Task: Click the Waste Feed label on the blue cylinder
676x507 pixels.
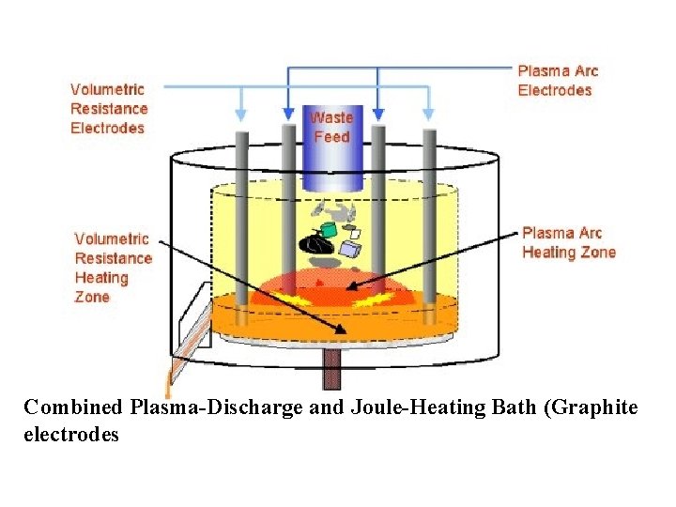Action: [x=330, y=127]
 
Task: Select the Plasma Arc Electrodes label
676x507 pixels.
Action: [x=557, y=81]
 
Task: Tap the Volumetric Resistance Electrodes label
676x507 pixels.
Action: [x=108, y=108]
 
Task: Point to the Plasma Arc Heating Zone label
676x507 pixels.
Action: [x=568, y=242]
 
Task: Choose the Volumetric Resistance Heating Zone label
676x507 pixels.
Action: [x=113, y=268]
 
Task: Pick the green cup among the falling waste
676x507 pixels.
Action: [x=330, y=229]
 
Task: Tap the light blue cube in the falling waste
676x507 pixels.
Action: [x=350, y=249]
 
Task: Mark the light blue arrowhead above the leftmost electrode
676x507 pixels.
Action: [x=242, y=114]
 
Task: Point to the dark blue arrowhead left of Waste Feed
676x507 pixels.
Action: [x=287, y=114]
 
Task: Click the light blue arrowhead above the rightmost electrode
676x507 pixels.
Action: [x=429, y=114]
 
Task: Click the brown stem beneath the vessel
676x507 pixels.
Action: [x=330, y=368]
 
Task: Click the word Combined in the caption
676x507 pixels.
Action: [x=73, y=407]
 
